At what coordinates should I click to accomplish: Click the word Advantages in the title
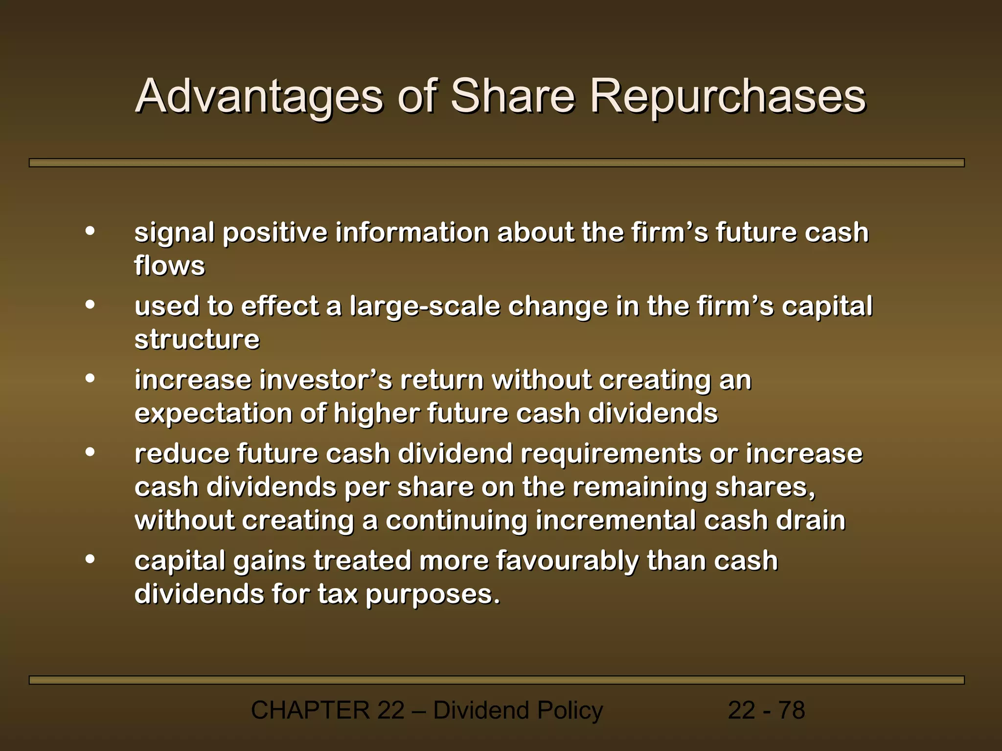coord(259,96)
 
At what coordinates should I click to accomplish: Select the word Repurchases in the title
coord(728,96)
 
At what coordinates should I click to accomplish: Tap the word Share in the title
coord(512,96)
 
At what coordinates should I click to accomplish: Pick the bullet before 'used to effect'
coord(90,305)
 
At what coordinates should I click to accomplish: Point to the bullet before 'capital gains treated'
coord(90,559)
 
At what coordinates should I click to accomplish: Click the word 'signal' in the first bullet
coord(174,233)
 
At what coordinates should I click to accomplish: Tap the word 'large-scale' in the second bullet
coord(425,307)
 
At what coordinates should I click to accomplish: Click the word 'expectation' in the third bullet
coord(213,414)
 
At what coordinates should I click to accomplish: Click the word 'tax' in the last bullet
coord(338,595)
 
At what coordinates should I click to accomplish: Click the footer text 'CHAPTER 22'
coord(327,710)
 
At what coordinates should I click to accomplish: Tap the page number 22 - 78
coord(766,710)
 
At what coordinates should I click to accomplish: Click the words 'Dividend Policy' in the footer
coord(518,710)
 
